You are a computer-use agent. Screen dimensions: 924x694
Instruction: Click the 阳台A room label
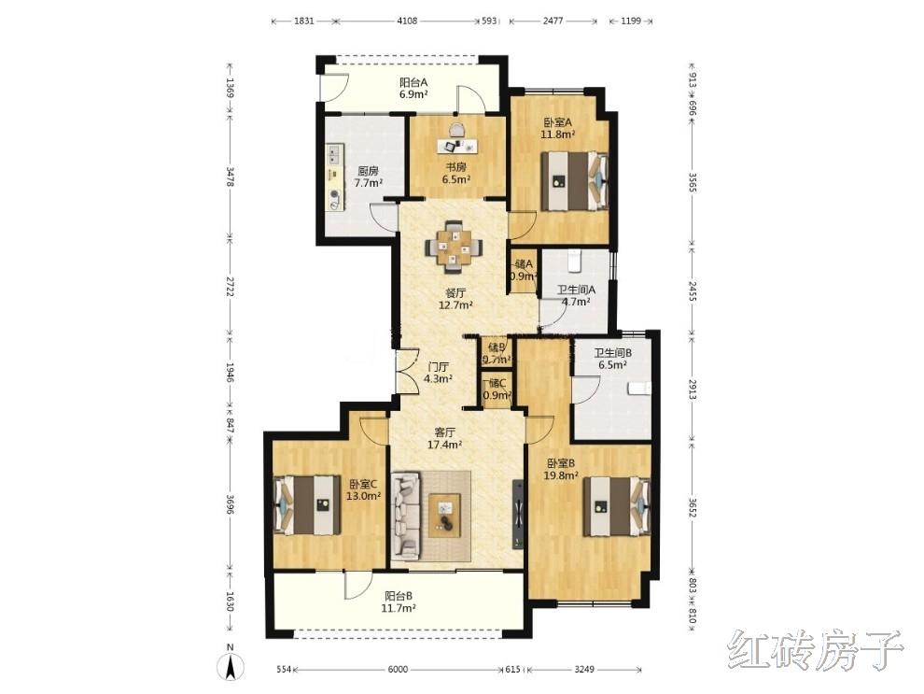click(413, 82)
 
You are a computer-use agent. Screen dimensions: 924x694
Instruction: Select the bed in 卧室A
click(574, 181)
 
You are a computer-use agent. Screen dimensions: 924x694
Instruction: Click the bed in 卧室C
click(308, 504)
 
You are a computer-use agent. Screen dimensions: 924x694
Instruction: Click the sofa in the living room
click(407, 515)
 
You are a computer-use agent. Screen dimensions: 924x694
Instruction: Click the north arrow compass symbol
click(231, 666)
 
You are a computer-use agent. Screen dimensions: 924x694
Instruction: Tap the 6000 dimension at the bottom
click(398, 669)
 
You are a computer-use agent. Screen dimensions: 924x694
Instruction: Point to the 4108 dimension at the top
click(407, 21)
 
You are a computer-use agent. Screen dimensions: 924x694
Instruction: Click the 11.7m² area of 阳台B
click(399, 608)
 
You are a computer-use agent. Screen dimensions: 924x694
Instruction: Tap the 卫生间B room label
click(613, 353)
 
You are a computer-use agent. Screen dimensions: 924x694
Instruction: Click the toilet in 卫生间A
click(575, 259)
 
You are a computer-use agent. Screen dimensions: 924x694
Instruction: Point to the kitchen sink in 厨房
click(335, 153)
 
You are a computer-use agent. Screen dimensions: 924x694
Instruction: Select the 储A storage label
click(524, 263)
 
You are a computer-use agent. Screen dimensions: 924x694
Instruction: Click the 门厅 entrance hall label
click(438, 367)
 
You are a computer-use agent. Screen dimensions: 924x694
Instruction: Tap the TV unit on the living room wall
click(518, 514)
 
